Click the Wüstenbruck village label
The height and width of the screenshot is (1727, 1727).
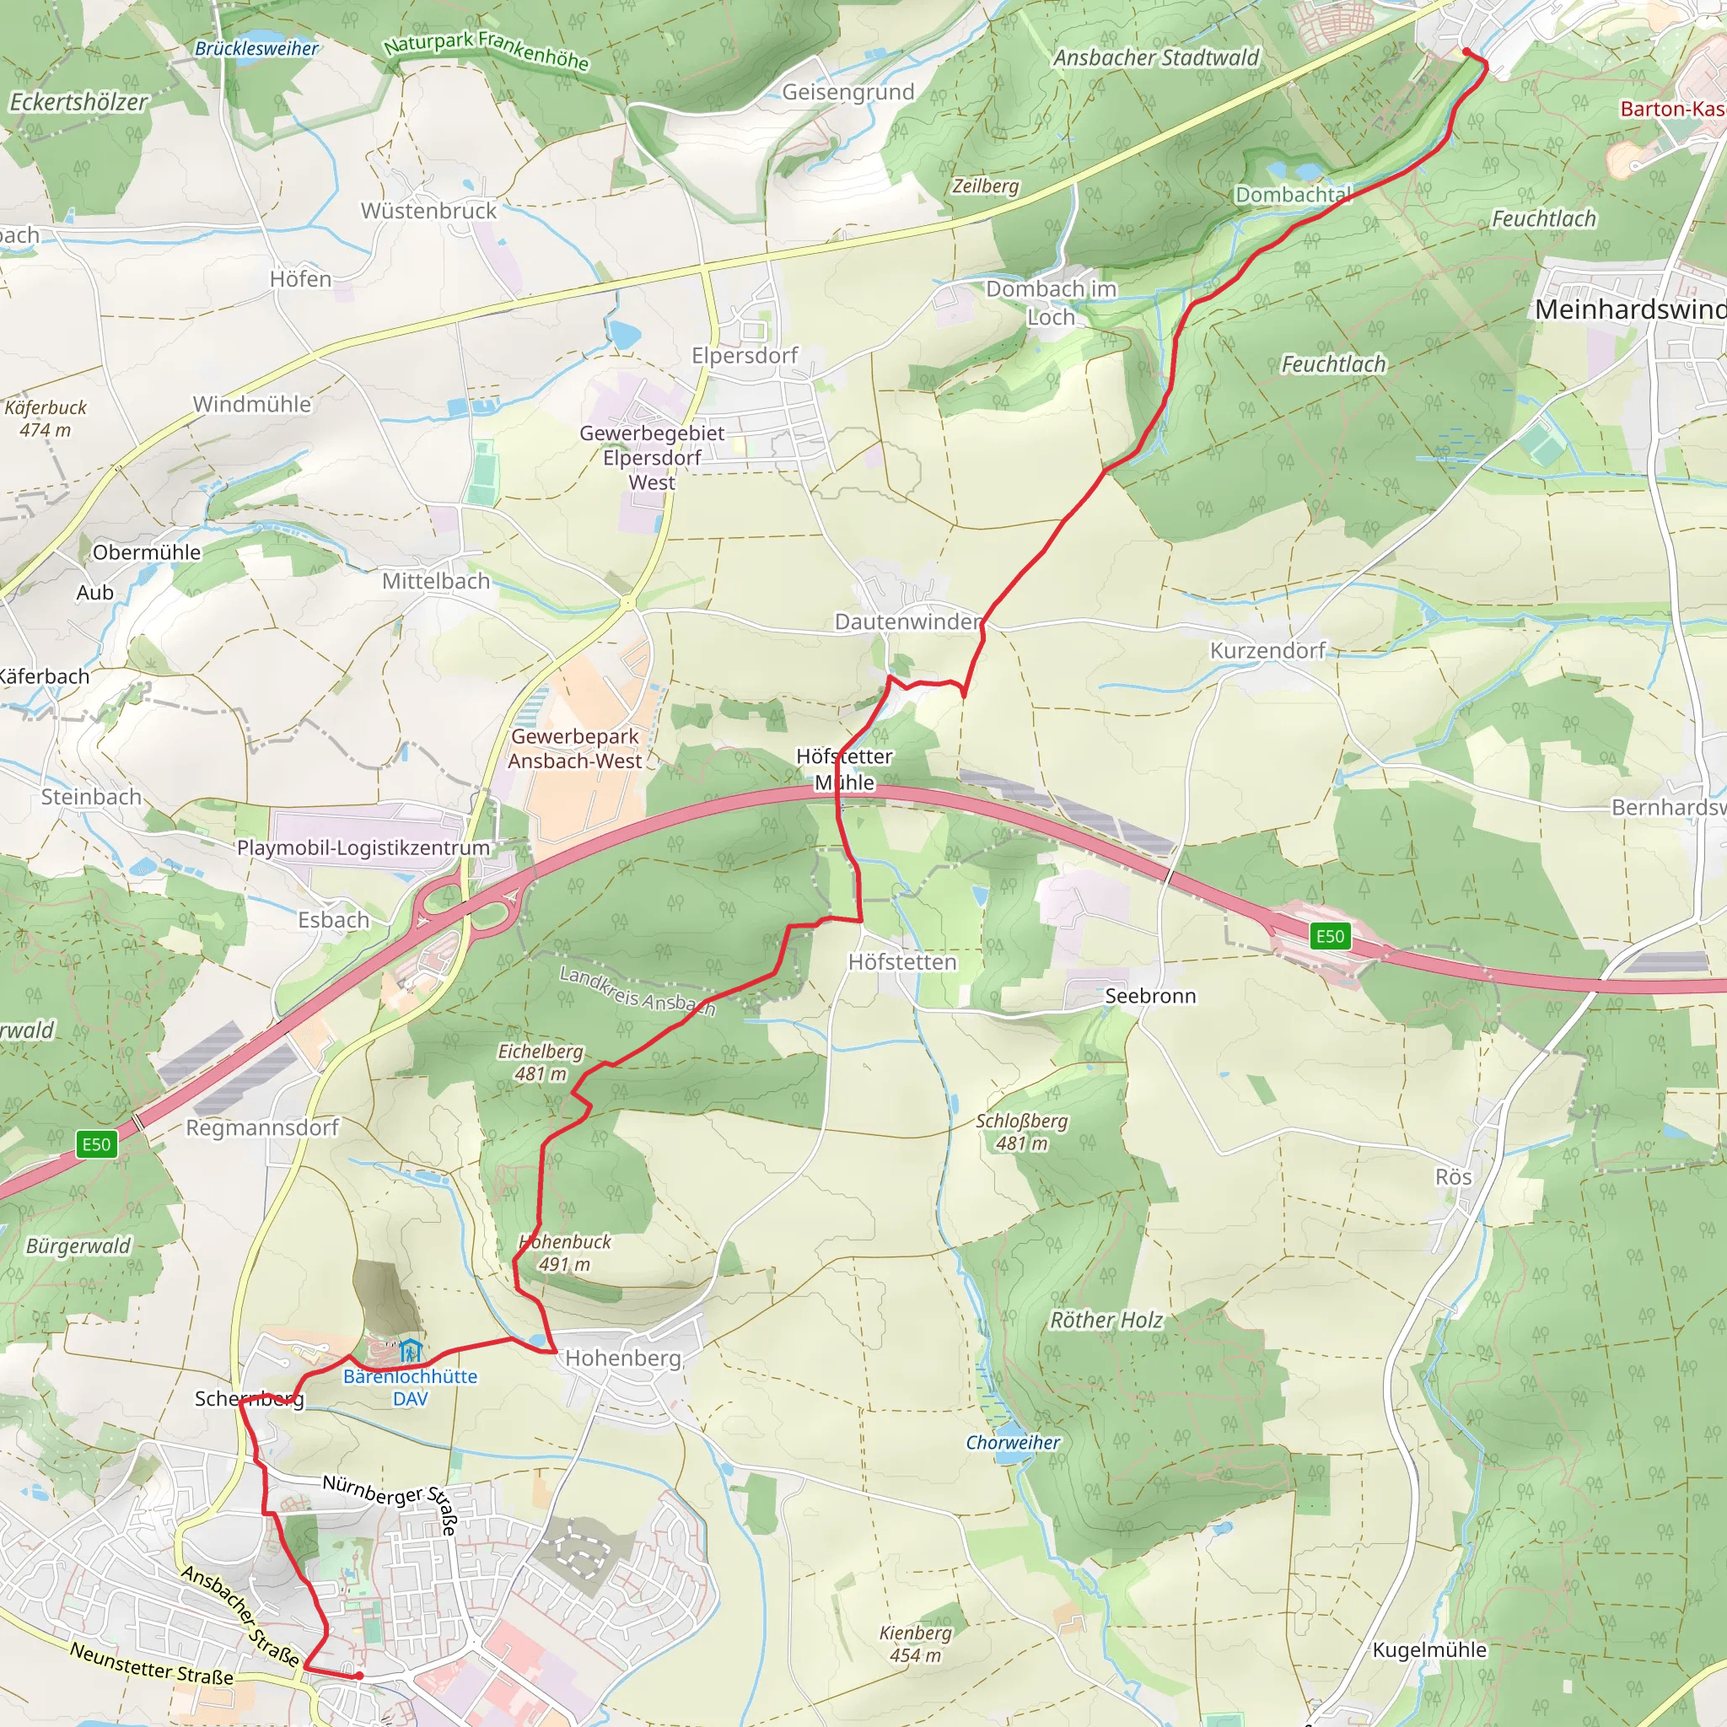pyautogui.click(x=428, y=211)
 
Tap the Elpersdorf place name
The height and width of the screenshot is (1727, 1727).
pyautogui.click(x=745, y=356)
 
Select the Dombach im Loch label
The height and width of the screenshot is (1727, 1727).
pyautogui.click(x=1051, y=303)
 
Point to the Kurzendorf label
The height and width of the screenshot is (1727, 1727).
pyautogui.click(x=1267, y=651)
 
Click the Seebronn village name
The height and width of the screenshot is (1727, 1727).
pyautogui.click(x=1149, y=996)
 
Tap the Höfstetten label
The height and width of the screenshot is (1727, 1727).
pyautogui.click(x=902, y=962)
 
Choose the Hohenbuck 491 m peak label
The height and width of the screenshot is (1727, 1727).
pyautogui.click(x=565, y=1252)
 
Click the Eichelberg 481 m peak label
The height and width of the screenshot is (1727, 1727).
pyautogui.click(x=540, y=1063)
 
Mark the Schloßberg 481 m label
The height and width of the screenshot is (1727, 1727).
pyautogui.click(x=1021, y=1132)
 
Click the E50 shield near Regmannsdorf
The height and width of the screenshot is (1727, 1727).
pyautogui.click(x=96, y=1144)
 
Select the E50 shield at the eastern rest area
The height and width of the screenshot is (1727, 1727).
pyautogui.click(x=1329, y=936)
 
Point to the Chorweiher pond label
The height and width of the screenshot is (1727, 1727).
pyautogui.click(x=1012, y=1443)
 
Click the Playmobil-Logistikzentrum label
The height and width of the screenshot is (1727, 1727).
pyautogui.click(x=363, y=847)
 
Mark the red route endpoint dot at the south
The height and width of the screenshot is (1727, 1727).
pyautogui.click(x=358, y=1676)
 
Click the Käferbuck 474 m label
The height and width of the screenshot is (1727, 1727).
pyautogui.click(x=45, y=418)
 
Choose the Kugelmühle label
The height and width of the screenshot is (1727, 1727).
pyautogui.click(x=1428, y=1650)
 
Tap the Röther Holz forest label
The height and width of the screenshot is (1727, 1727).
pyautogui.click(x=1106, y=1321)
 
